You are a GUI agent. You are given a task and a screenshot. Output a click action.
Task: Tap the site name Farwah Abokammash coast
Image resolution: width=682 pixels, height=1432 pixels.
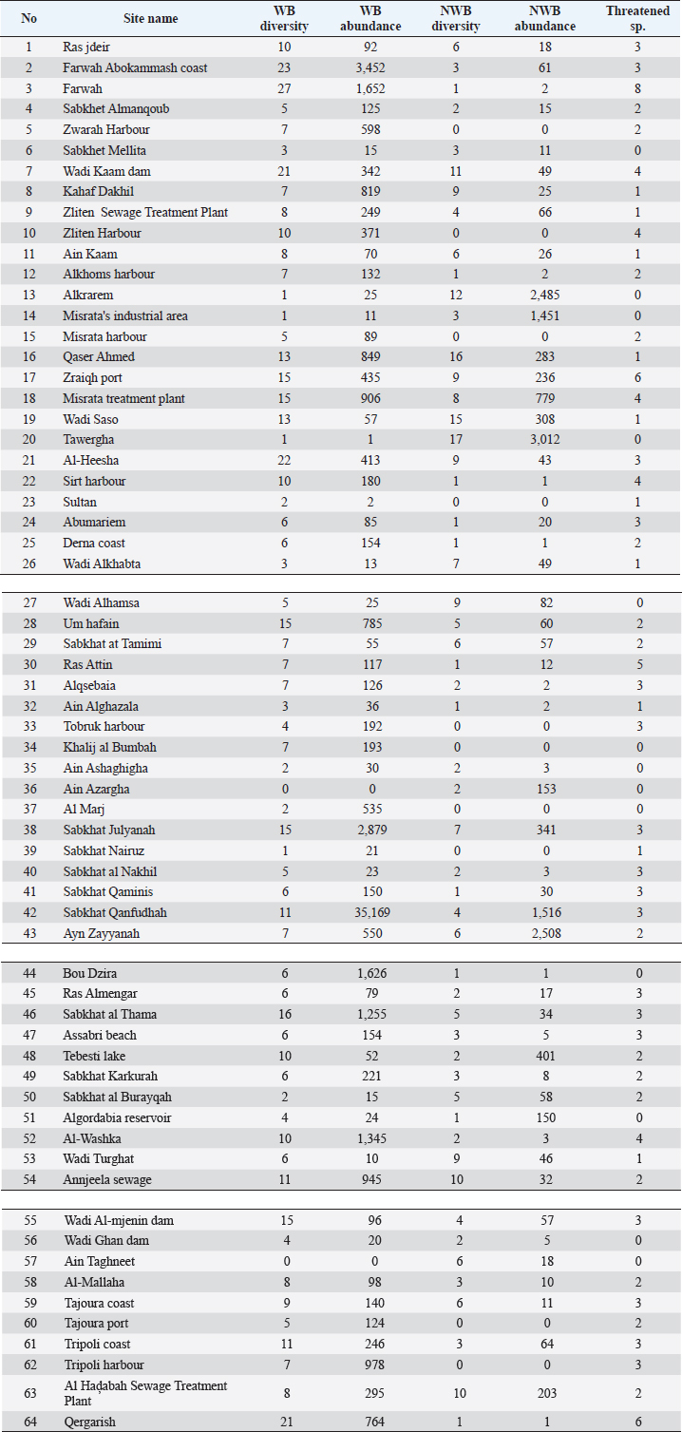coord(135,67)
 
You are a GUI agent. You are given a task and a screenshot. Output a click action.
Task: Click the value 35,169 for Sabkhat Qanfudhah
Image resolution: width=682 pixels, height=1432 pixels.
coord(369,912)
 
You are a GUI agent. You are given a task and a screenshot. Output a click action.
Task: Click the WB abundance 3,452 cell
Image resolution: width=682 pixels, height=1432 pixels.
coord(369,67)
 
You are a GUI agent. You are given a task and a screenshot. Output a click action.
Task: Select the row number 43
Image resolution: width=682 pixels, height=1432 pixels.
coord(28,933)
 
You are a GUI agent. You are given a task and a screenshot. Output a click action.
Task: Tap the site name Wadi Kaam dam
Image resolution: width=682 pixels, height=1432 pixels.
coord(106,171)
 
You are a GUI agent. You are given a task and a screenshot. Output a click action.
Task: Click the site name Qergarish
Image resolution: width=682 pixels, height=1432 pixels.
coord(92,1421)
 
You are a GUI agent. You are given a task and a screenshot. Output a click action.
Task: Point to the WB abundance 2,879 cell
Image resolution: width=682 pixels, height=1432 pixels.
coord(369,830)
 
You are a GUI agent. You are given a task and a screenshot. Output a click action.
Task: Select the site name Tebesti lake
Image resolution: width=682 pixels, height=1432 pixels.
coord(94,1056)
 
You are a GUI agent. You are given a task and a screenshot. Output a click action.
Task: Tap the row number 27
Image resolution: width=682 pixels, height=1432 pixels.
coord(28,602)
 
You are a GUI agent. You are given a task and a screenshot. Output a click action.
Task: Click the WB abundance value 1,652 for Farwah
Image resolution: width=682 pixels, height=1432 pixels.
coord(369,88)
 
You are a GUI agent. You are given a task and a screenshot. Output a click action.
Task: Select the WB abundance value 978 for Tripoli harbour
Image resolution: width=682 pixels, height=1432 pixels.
coord(369,1365)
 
